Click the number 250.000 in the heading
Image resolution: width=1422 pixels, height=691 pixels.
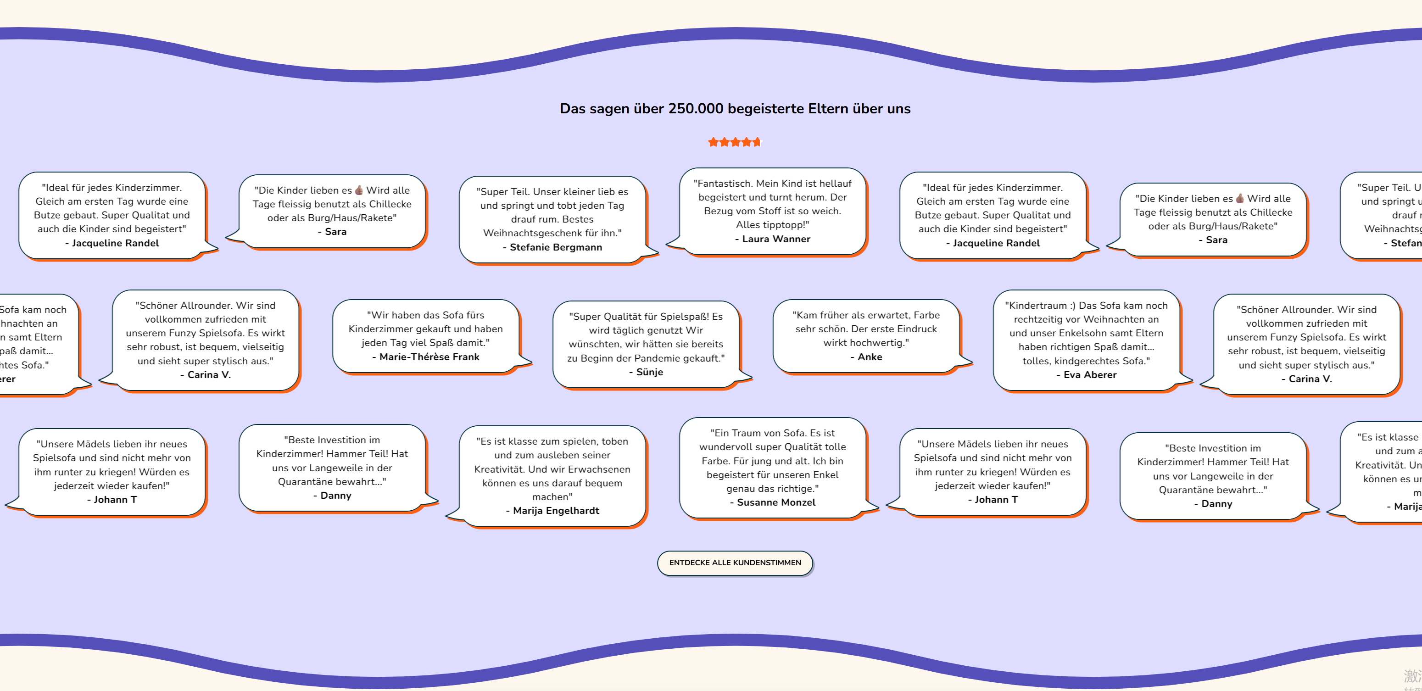[x=696, y=109]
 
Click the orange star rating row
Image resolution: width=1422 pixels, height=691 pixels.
[x=735, y=142]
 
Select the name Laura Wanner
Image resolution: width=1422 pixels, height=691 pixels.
[x=775, y=239]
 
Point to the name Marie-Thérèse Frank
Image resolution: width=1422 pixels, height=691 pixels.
[x=429, y=357]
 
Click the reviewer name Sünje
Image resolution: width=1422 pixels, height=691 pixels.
[x=649, y=372]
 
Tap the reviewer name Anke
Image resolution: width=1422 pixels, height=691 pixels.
[x=870, y=357]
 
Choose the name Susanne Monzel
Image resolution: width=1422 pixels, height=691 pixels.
[x=775, y=502]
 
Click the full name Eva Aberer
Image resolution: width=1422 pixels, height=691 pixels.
[x=1089, y=375]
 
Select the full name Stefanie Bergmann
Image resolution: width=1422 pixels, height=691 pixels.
[x=555, y=247]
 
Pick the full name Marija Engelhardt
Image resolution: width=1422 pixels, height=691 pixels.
[x=555, y=511]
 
